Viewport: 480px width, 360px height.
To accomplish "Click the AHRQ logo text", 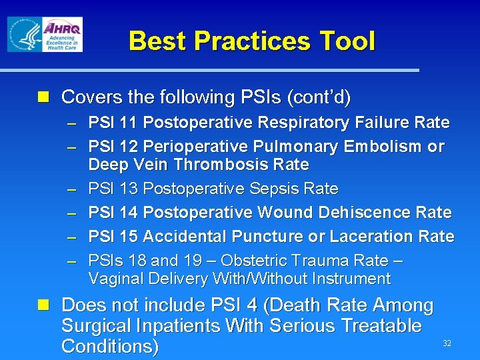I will coord(62,28).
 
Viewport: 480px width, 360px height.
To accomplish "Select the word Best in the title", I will coord(157,41).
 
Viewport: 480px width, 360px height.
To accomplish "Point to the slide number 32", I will coord(447,343).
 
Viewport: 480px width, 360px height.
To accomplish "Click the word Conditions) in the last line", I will coord(109,347).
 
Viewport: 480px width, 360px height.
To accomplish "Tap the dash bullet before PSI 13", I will coord(71,189).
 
